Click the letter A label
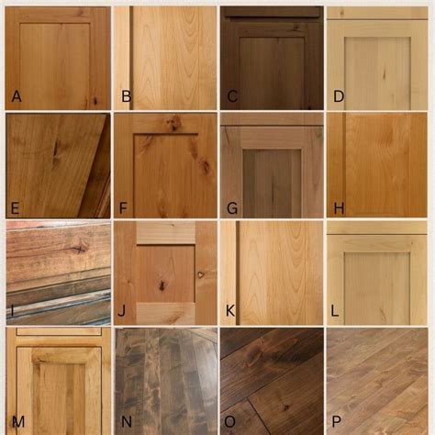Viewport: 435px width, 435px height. point(16,95)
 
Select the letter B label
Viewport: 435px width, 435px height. point(126,95)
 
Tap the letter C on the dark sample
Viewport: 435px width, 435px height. point(233,95)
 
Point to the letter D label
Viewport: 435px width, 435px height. point(339,95)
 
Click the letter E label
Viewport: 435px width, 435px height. point(16,208)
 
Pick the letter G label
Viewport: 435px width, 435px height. point(233,208)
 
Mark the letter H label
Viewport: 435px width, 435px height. point(339,208)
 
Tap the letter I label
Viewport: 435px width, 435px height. point(12,311)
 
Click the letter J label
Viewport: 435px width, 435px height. point(122,312)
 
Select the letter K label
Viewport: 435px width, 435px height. point(231,312)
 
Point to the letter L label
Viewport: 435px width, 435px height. point(335,312)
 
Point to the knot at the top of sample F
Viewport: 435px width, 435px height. point(172,121)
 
